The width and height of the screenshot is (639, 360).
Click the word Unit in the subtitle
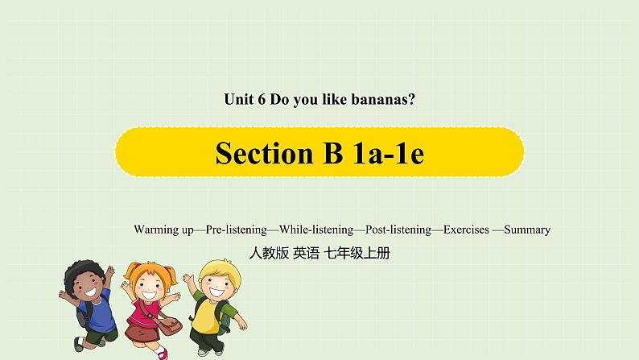(x=236, y=101)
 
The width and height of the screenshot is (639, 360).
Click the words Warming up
(x=163, y=230)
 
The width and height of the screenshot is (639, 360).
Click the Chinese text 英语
(x=306, y=253)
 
